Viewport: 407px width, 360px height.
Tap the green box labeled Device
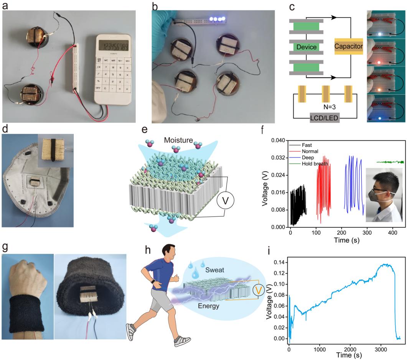click(306, 47)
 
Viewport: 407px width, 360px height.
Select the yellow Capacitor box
click(349, 46)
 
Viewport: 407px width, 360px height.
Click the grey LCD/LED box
click(325, 118)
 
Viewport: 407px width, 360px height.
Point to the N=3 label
click(330, 107)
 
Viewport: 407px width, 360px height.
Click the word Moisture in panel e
click(178, 140)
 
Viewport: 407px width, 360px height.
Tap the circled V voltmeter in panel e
click(225, 201)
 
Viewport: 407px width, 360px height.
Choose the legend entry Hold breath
click(315, 164)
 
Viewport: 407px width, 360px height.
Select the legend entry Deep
click(308, 158)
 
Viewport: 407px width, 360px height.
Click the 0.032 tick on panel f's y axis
click(278, 158)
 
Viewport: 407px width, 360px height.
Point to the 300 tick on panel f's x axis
click(367, 233)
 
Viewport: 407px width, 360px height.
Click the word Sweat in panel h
click(215, 270)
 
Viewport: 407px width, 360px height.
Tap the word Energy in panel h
click(208, 306)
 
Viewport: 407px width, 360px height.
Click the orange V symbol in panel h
click(258, 290)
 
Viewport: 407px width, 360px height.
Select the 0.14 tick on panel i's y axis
click(279, 263)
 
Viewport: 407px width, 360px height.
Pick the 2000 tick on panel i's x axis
click(350, 349)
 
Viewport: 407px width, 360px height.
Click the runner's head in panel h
click(168, 251)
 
